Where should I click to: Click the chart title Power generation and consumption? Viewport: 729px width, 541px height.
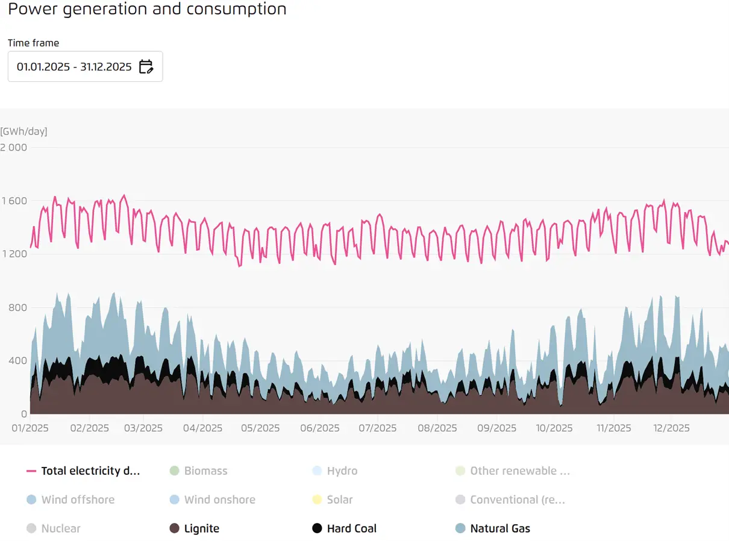[x=147, y=9]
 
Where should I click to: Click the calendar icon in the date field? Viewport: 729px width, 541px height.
[x=146, y=66]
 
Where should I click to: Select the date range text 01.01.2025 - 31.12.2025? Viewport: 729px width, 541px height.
[x=74, y=66]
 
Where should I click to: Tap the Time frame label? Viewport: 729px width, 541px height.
[x=33, y=43]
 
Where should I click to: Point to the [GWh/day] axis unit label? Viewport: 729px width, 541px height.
[x=23, y=131]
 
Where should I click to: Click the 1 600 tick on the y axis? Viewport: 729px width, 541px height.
[x=14, y=201]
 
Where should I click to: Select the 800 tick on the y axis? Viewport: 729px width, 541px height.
[x=18, y=308]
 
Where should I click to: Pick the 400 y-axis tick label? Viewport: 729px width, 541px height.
[x=18, y=361]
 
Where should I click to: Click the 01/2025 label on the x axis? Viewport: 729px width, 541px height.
[x=30, y=428]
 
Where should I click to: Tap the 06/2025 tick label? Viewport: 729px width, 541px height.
[x=319, y=428]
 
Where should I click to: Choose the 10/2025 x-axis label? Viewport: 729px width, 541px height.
[x=554, y=428]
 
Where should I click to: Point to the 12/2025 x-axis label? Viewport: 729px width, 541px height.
[x=670, y=428]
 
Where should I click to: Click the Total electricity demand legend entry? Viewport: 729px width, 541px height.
[x=84, y=471]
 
